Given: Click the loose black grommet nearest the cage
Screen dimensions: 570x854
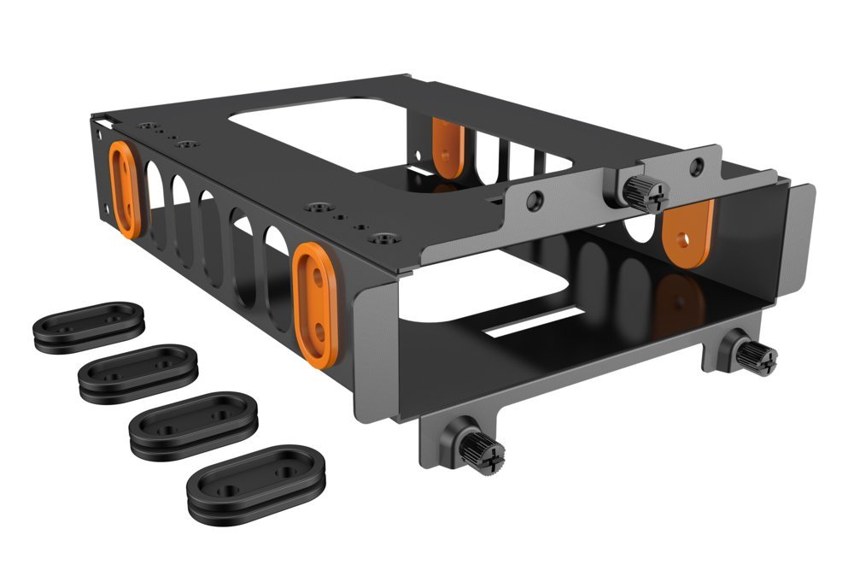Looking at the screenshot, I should tap(88, 326).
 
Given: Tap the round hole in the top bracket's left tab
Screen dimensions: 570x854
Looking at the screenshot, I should tap(535, 202).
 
